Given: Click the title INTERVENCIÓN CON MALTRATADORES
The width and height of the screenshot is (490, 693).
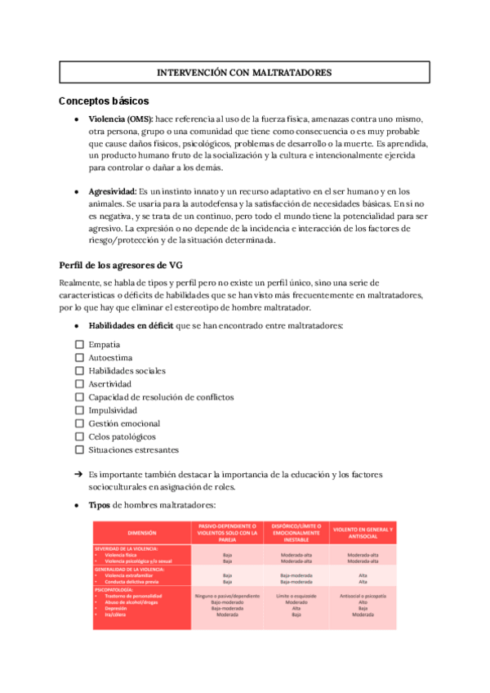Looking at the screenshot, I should [244, 73].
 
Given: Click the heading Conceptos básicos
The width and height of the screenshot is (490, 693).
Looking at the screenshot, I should [103, 101].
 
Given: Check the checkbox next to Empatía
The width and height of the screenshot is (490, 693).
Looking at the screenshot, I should [79, 345].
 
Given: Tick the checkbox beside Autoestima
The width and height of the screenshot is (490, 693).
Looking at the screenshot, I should [79, 358].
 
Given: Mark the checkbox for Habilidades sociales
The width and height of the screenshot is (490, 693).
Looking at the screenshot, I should [79, 371].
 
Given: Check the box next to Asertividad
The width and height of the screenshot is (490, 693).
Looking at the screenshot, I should [79, 384].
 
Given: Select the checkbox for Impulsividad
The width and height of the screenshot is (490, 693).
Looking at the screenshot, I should [79, 410].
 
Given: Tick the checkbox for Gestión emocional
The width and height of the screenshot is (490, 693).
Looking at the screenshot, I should [79, 423].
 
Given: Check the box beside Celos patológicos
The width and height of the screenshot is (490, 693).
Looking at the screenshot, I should [79, 436].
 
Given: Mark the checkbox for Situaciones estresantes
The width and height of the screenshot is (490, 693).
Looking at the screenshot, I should [79, 449].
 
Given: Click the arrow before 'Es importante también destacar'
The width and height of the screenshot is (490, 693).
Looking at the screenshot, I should [78, 474].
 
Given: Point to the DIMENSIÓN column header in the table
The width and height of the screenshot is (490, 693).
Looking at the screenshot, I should [141, 532].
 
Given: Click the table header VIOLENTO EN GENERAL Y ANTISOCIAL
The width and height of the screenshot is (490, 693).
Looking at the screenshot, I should [362, 532].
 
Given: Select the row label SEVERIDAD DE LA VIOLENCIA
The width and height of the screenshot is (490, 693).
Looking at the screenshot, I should [127, 548].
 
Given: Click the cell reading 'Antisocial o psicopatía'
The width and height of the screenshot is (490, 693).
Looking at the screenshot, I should [362, 596].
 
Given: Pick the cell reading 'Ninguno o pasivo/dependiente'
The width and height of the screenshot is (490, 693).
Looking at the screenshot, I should [227, 596].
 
